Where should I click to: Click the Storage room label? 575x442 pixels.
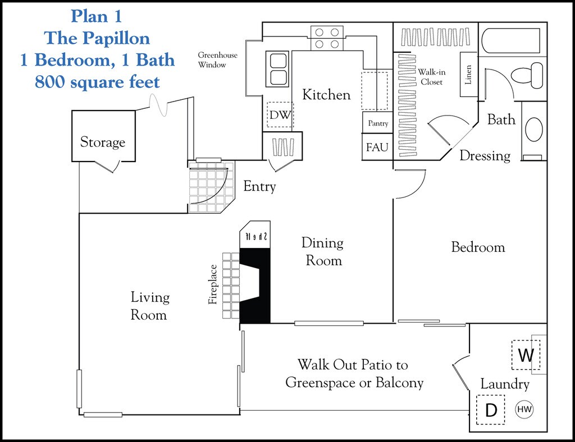tap(103, 142)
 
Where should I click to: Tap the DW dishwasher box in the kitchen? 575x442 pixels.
tap(280, 114)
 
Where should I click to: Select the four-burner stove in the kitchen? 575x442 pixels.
tap(327, 38)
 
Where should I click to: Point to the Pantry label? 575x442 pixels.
tap(378, 123)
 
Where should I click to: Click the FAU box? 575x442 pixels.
tap(377, 147)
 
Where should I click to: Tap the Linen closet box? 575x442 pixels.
tap(468, 75)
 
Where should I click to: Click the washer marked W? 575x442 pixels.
tap(526, 355)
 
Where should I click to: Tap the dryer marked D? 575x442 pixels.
tap(491, 410)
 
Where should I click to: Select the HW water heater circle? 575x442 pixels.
tap(524, 409)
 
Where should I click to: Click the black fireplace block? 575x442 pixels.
tap(255, 286)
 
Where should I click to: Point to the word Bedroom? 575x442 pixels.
tap(478, 247)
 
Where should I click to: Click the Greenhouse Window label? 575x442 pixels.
tap(217, 59)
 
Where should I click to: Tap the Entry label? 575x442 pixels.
tap(259, 186)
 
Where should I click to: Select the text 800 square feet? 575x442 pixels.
tap(97, 82)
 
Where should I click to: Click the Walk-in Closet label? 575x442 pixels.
tap(432, 77)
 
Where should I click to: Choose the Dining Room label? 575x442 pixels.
tap(323, 252)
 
